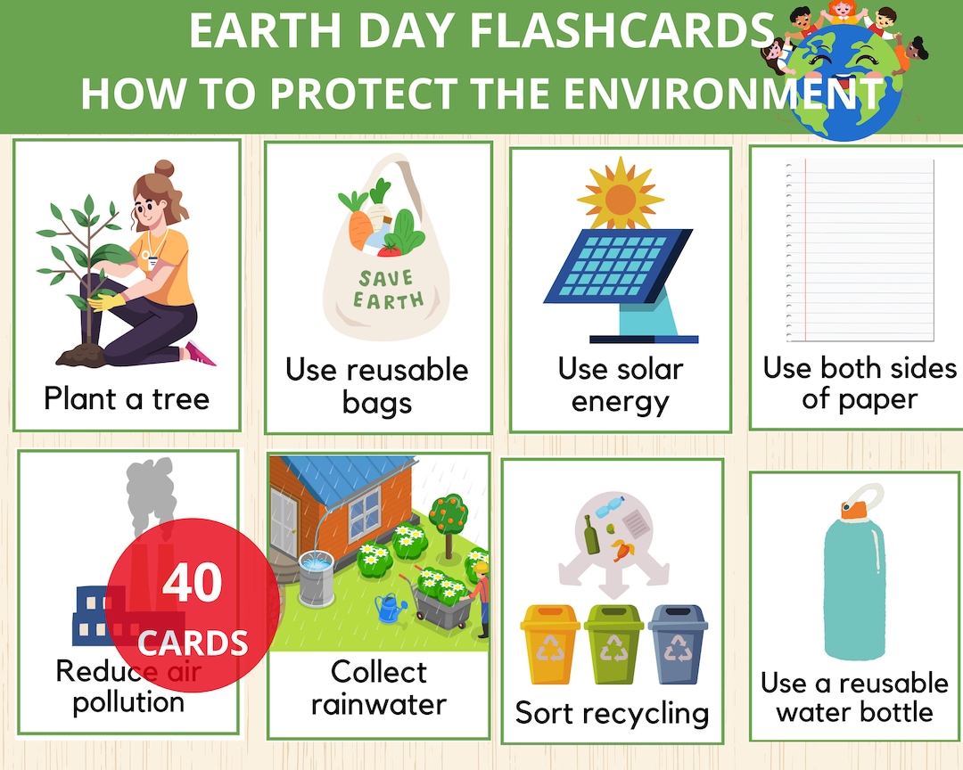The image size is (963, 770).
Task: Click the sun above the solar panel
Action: point(620,192)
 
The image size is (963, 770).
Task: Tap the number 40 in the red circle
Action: point(192,584)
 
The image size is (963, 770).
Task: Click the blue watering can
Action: point(389,609)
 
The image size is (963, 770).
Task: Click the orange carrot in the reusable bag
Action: point(359,228)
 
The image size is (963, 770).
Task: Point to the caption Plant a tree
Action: point(127,398)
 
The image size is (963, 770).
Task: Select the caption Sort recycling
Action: point(612,713)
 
